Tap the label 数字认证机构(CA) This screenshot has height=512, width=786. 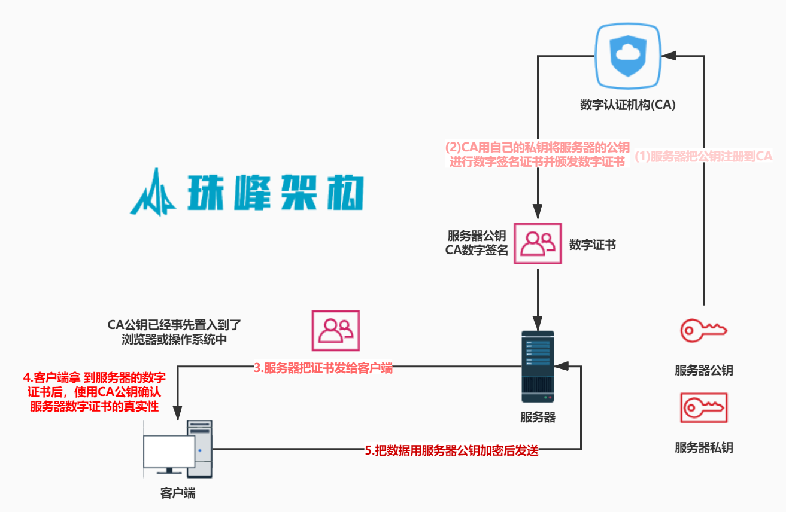coord(627,105)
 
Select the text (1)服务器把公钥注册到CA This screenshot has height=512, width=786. coord(703,157)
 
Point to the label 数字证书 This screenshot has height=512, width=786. coord(592,245)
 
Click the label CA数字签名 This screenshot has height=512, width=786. coord(477,250)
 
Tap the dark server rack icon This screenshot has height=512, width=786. coord(538,367)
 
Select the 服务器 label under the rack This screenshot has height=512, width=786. coord(538,417)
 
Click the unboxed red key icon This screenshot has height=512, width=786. coord(703,330)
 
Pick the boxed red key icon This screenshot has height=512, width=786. coord(703,408)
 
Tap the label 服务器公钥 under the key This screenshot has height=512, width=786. coord(703,370)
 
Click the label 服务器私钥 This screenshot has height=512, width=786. coord(703,447)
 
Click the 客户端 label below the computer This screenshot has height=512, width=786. coord(178,493)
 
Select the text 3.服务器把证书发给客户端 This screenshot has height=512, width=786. coord(323,368)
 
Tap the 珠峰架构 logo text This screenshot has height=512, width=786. coord(281,192)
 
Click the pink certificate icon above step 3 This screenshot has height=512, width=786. coord(335,330)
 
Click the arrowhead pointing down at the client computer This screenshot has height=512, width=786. coord(178,413)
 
